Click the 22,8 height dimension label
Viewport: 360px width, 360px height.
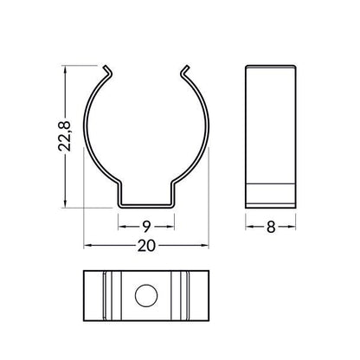pos(64,136)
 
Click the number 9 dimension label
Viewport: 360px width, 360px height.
pos(146,227)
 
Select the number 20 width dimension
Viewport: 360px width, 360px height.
pos(146,246)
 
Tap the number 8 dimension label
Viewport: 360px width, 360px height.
pos(271,227)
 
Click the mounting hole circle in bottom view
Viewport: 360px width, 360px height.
pos(146,296)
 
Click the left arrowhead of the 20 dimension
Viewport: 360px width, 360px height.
pos(87,246)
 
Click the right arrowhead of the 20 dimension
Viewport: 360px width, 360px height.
pos(204,246)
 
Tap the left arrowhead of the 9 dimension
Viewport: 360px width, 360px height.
pos(122,227)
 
